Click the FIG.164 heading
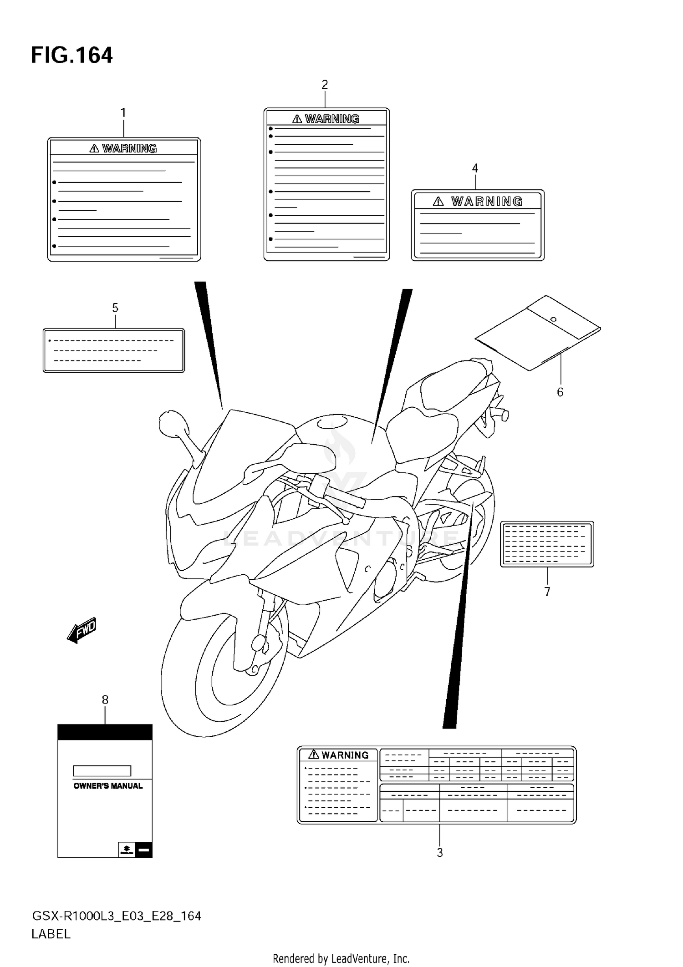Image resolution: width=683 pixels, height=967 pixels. tap(71, 56)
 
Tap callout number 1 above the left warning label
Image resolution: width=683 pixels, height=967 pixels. tap(123, 112)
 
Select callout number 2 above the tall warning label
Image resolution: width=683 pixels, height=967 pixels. tap(325, 85)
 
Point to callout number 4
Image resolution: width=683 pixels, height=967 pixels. tap(475, 168)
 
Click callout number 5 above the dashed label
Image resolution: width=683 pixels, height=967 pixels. tap(115, 308)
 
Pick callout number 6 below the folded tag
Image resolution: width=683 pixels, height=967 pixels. tap(560, 392)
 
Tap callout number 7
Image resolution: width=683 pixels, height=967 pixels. tap(547, 592)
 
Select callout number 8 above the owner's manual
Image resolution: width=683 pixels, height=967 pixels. tap(105, 700)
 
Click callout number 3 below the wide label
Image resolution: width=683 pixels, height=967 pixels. tap(440, 853)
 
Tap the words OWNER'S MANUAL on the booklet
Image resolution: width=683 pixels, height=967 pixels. tap(108, 786)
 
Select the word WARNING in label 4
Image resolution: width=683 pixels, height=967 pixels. tap(486, 202)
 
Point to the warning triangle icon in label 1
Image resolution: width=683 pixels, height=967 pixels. tap(94, 148)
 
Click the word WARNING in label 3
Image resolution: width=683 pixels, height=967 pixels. tap(345, 755)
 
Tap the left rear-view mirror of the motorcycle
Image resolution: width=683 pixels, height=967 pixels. tap(172, 422)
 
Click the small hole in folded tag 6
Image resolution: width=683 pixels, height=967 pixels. tap(553, 319)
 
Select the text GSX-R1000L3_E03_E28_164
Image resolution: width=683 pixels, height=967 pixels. tap(116, 916)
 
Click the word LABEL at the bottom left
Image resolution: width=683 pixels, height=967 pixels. tap(51, 934)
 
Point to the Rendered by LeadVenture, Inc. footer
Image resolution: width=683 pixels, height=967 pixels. tap(341, 959)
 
